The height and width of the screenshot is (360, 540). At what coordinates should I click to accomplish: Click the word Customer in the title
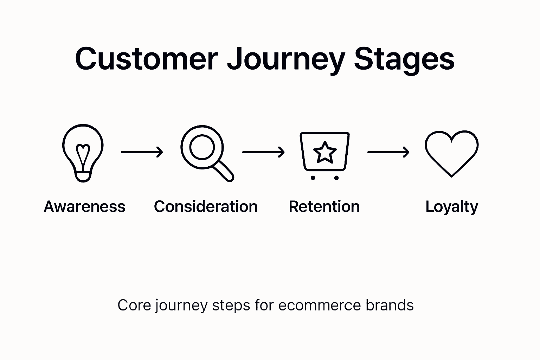coord(146,59)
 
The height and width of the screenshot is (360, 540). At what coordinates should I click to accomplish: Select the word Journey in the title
coord(285,59)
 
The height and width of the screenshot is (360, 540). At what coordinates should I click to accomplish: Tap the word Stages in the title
coord(404,59)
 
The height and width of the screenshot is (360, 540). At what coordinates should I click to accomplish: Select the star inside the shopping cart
coord(324,153)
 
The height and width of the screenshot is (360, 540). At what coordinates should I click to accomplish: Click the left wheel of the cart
coord(313,178)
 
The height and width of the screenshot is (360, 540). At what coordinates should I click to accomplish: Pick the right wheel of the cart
coord(336,178)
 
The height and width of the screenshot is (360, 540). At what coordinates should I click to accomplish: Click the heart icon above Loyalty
coord(451,153)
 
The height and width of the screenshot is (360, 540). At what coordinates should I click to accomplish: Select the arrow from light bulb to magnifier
coord(142,152)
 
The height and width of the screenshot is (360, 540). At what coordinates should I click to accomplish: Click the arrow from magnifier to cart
coord(263,152)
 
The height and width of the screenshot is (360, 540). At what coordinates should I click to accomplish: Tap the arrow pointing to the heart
coord(388,152)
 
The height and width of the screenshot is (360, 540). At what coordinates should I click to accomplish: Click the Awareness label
coord(84,206)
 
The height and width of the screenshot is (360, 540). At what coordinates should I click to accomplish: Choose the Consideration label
coord(206,206)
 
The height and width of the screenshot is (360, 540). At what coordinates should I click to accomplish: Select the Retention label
coord(324,206)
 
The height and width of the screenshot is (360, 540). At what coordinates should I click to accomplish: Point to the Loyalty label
coord(452,207)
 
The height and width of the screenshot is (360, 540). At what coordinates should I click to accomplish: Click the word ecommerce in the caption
coord(319,305)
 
